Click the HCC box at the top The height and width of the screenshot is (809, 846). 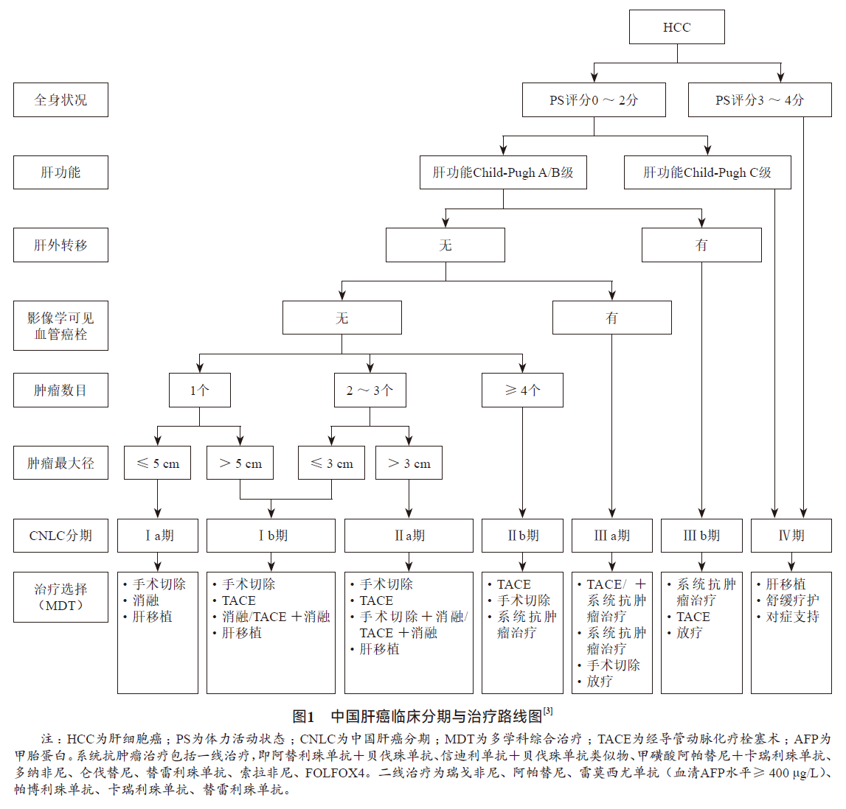click(676, 27)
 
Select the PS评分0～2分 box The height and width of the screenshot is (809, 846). click(594, 99)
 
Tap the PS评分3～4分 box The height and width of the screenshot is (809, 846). click(760, 99)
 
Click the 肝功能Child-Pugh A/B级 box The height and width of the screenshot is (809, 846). click(503, 172)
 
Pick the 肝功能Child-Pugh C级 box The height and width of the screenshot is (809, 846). click(707, 172)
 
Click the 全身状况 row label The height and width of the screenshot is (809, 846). click(60, 99)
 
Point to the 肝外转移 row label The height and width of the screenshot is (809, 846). click(60, 245)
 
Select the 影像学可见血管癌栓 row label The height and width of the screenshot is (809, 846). click(60, 326)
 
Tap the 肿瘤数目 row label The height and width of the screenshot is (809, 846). click(60, 390)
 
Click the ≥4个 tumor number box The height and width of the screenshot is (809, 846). click(522, 390)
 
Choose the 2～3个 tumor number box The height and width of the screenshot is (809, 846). click(370, 390)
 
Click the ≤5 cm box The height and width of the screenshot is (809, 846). click(158, 463)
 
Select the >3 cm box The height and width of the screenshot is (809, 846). click(409, 463)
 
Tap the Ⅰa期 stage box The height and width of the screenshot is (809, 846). click(158, 536)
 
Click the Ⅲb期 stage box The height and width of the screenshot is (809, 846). click(701, 536)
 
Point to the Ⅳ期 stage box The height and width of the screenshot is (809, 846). click(791, 536)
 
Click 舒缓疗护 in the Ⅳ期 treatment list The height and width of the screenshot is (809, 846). click(792, 600)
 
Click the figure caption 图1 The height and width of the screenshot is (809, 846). click(303, 716)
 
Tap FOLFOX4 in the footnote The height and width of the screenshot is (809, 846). click(335, 773)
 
